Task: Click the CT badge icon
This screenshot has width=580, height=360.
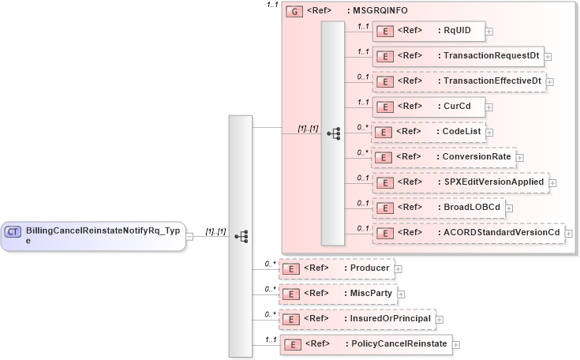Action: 13,232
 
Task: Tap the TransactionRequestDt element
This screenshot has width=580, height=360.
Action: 457,57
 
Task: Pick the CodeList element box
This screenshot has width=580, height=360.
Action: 428,132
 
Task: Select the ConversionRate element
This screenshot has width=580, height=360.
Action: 443,157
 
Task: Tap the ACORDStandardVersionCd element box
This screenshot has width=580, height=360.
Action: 468,233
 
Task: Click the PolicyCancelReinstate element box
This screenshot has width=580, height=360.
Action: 365,344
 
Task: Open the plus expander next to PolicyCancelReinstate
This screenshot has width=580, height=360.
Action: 455,345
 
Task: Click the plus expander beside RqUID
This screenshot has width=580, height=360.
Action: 489,32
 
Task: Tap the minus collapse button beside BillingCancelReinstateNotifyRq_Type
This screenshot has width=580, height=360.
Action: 189,236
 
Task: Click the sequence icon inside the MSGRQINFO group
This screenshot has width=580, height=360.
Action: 333,133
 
